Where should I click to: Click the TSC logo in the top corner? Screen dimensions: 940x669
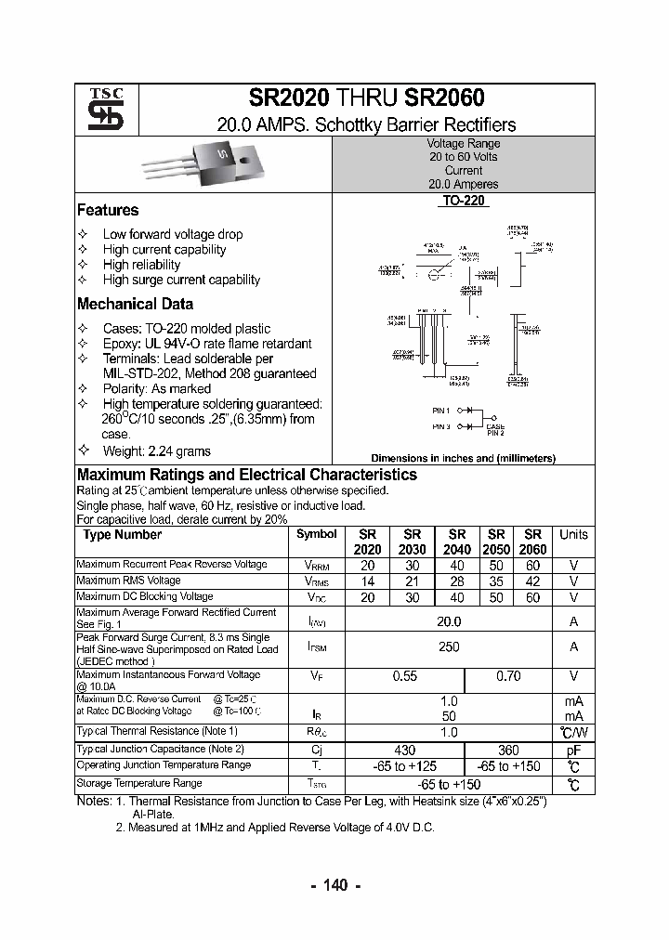(99, 110)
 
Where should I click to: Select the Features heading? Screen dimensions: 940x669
(108, 210)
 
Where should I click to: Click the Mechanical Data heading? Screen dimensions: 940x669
(136, 304)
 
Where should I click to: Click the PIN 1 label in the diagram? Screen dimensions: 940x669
(440, 411)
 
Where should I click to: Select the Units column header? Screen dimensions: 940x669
(573, 535)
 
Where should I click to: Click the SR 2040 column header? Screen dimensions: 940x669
(457, 542)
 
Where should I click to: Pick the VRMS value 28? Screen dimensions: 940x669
(457, 581)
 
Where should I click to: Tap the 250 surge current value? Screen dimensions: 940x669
(449, 647)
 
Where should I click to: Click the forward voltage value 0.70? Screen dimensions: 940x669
(508, 677)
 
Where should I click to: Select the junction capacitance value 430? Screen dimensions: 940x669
(404, 750)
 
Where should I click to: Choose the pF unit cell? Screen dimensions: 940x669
(573, 750)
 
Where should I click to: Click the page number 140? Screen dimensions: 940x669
(334, 885)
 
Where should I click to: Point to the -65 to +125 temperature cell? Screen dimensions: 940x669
(404, 766)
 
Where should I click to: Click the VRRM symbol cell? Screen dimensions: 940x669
(316, 565)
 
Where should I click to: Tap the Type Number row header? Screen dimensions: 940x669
(122, 535)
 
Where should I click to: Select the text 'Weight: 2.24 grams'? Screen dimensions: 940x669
(156, 451)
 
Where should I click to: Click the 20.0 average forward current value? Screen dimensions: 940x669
(449, 621)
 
